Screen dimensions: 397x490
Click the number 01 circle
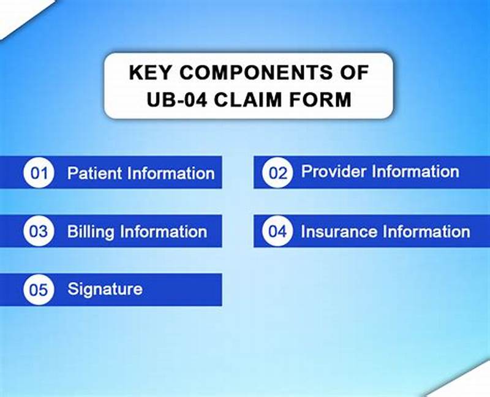(39, 173)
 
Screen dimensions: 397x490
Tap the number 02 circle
(277, 173)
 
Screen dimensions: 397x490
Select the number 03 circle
(39, 232)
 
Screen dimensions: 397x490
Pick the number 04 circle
(277, 232)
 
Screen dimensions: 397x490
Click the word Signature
(105, 289)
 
